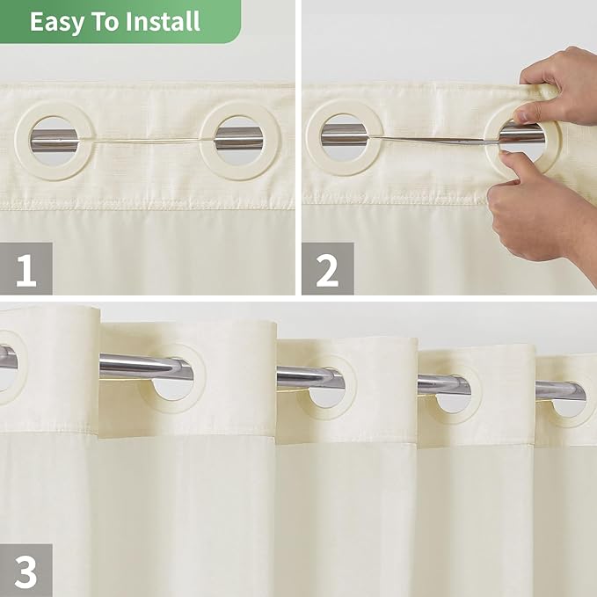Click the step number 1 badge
[25, 269]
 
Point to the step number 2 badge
[327, 269]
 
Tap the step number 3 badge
[25, 570]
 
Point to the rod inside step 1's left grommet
[54, 138]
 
